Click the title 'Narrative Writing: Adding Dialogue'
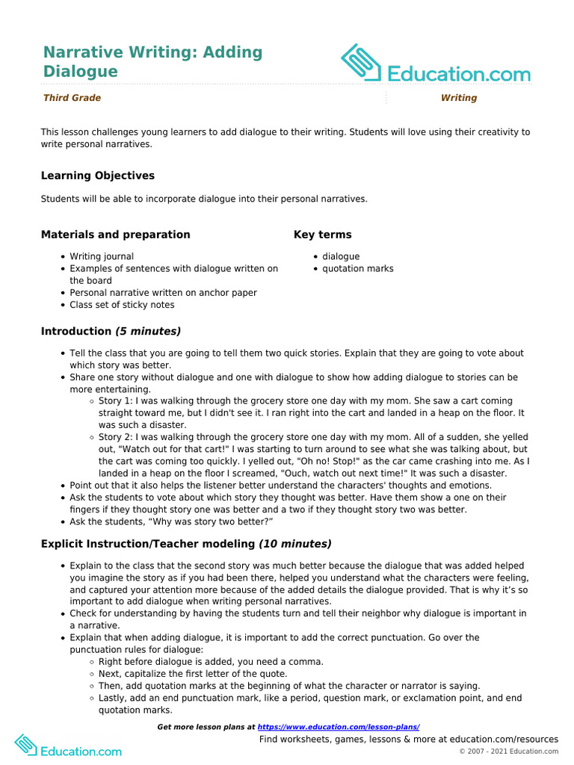[152, 62]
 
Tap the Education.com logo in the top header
[436, 64]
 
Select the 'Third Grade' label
[72, 98]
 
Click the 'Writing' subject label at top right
[458, 98]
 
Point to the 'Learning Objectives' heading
[98, 176]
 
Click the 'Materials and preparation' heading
[116, 235]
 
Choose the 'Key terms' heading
[322, 235]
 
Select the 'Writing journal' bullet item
[102, 256]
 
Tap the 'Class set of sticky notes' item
[122, 305]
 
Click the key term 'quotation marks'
[357, 268]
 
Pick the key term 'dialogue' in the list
[341, 256]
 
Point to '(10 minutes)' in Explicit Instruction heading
[295, 544]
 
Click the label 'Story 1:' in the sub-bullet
[116, 400]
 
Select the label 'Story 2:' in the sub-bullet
[116, 437]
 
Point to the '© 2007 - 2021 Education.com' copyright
[508, 751]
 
